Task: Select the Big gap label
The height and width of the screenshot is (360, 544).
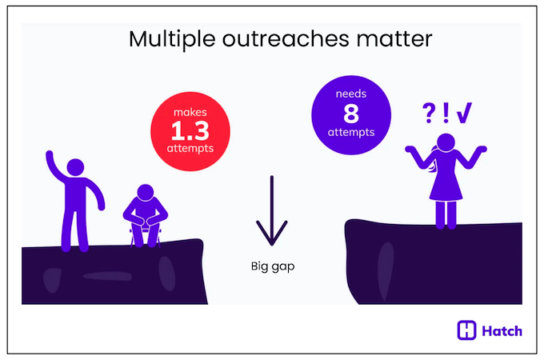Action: point(272,266)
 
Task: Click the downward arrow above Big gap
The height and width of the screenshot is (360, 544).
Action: point(271,213)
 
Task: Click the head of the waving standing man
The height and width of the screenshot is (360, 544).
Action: point(74,168)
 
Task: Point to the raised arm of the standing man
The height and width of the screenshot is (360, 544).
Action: point(54,165)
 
